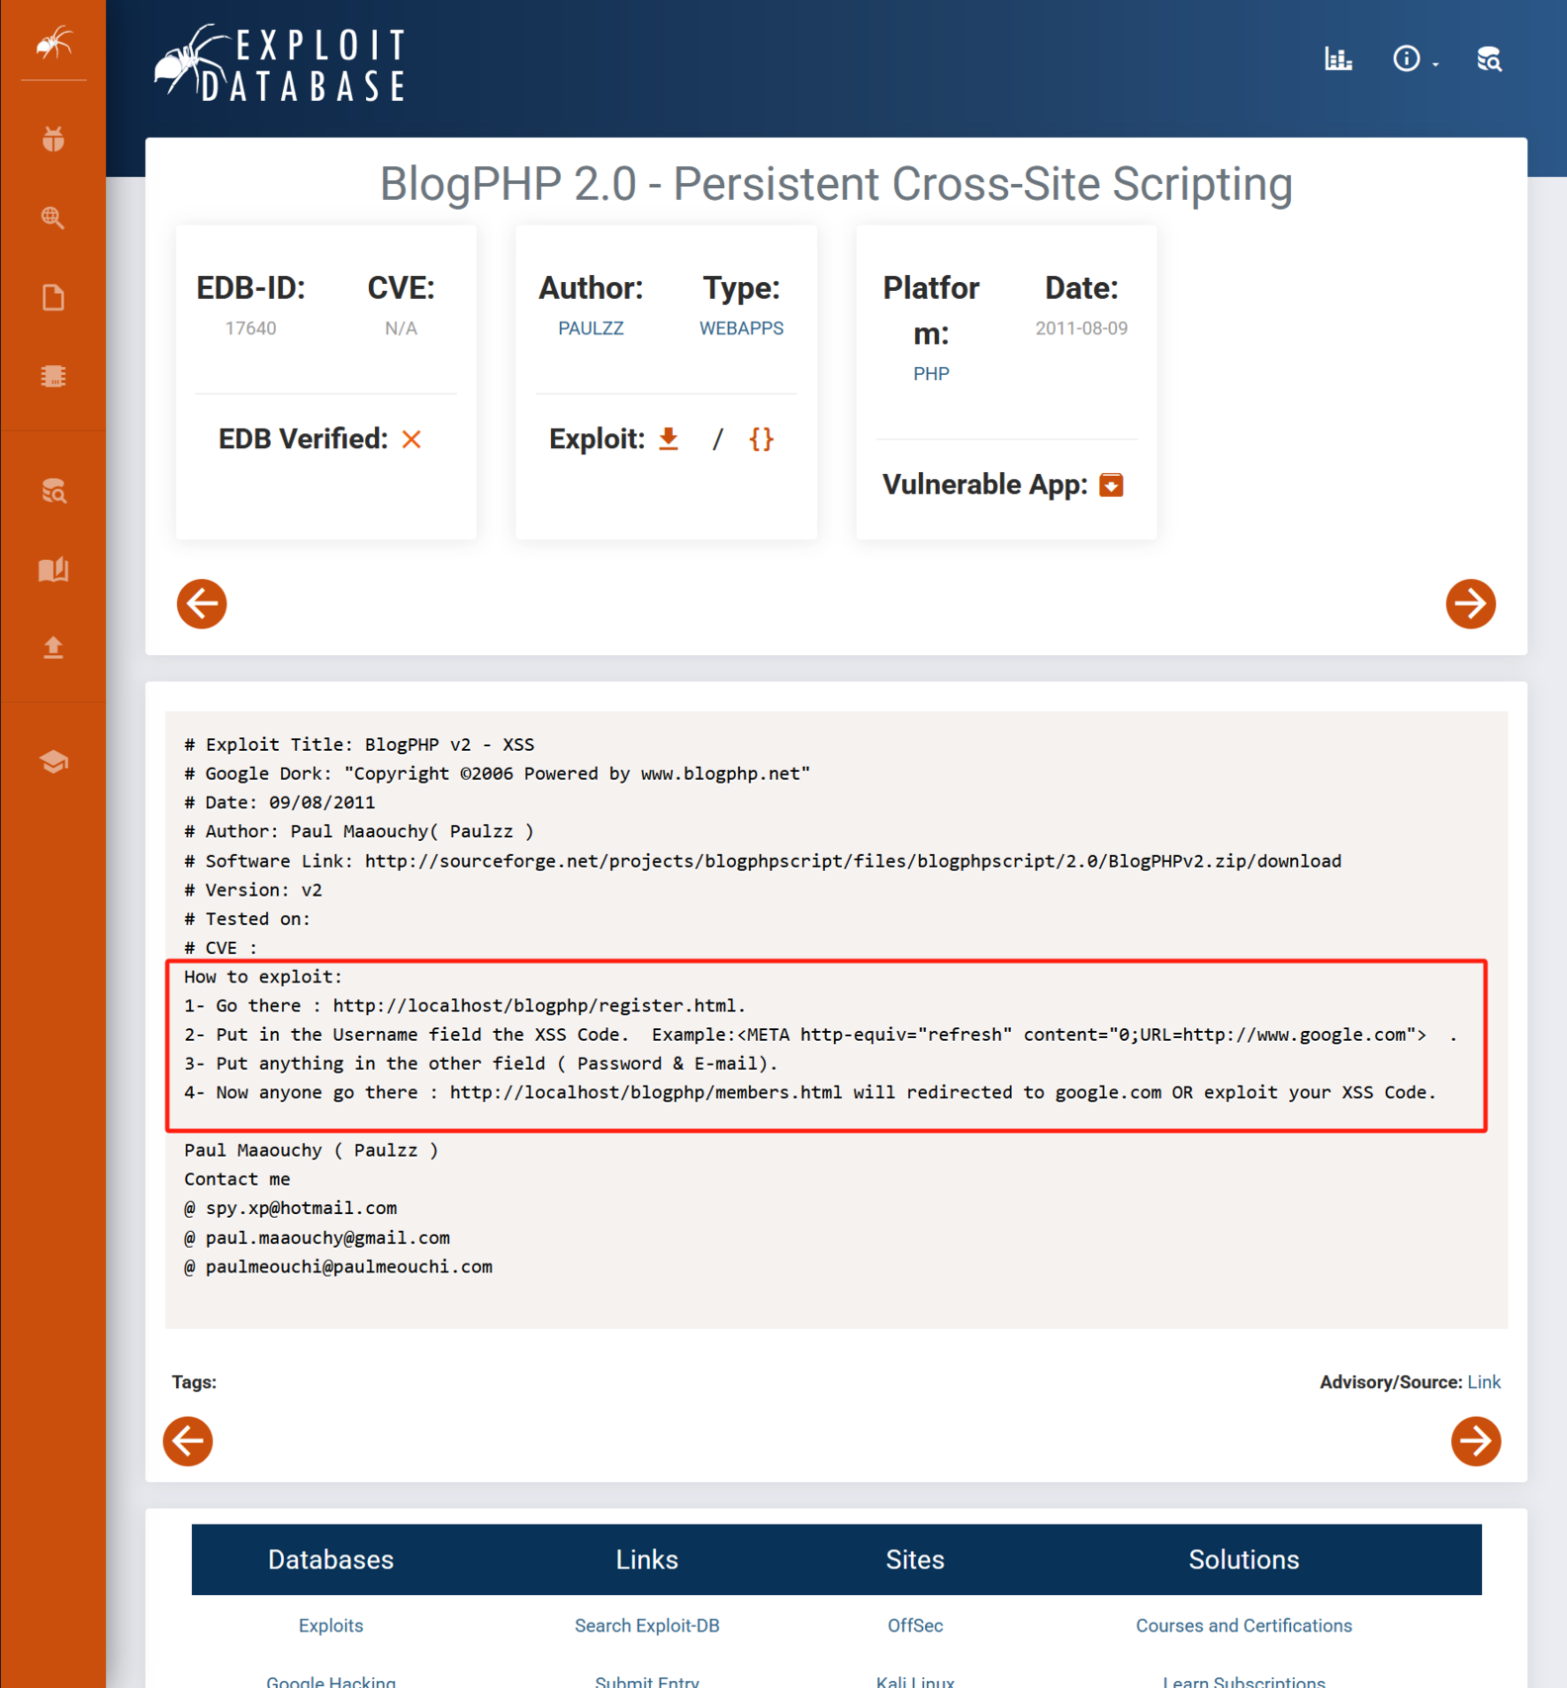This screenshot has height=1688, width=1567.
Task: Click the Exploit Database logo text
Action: pyautogui.click(x=303, y=65)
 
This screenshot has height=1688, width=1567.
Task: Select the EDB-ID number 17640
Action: pyautogui.click(x=250, y=328)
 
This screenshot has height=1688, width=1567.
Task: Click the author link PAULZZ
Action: pyautogui.click(x=591, y=328)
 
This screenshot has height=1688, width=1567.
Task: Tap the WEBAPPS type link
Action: pyautogui.click(x=741, y=328)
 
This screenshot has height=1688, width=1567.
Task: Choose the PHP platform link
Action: pyautogui.click(x=931, y=374)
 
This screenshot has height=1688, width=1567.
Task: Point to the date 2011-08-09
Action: pyautogui.click(x=1081, y=328)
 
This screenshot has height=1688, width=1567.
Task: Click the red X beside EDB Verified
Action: pyautogui.click(x=412, y=439)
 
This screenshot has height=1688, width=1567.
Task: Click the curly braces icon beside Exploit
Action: pyautogui.click(x=761, y=439)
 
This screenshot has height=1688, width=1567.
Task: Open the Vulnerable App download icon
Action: pyautogui.click(x=1111, y=485)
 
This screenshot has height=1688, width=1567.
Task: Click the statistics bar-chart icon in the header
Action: pyautogui.click(x=1338, y=59)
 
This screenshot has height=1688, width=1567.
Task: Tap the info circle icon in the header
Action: pyautogui.click(x=1406, y=59)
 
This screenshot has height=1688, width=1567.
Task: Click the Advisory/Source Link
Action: pyautogui.click(x=1483, y=1382)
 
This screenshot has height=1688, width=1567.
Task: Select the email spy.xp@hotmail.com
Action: pyautogui.click(x=301, y=1208)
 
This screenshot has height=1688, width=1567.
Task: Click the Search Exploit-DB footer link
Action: pyautogui.click(x=647, y=1626)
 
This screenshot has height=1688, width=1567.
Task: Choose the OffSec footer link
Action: pyautogui.click(x=915, y=1626)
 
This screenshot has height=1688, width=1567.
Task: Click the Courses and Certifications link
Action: pyautogui.click(x=1244, y=1626)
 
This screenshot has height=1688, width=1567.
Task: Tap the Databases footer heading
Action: pyautogui.click(x=330, y=1559)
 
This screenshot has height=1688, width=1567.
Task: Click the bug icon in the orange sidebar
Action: pyautogui.click(x=53, y=140)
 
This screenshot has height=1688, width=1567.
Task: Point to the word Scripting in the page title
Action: pyautogui.click(x=1202, y=184)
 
